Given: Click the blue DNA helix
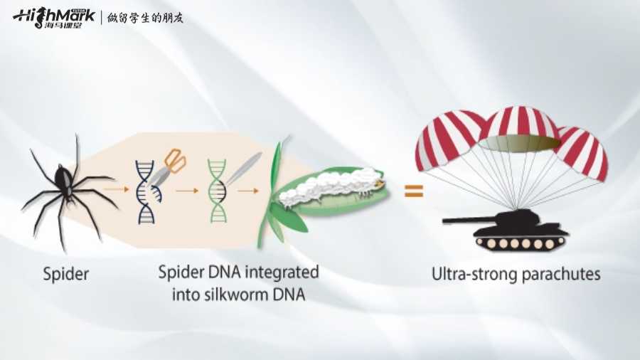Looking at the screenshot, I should pos(145,189).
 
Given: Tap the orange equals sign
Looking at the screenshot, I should pos(413,191).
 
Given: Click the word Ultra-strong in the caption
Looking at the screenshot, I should pos(470,274).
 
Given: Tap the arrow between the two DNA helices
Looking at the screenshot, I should pos(186,191).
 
